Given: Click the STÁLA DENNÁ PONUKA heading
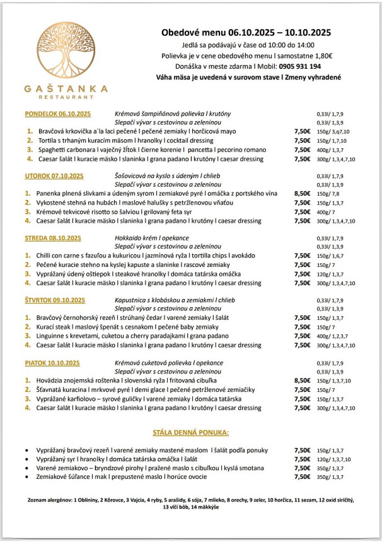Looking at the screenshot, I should pos(190,433).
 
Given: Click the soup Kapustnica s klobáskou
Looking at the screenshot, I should pos(149,300).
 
